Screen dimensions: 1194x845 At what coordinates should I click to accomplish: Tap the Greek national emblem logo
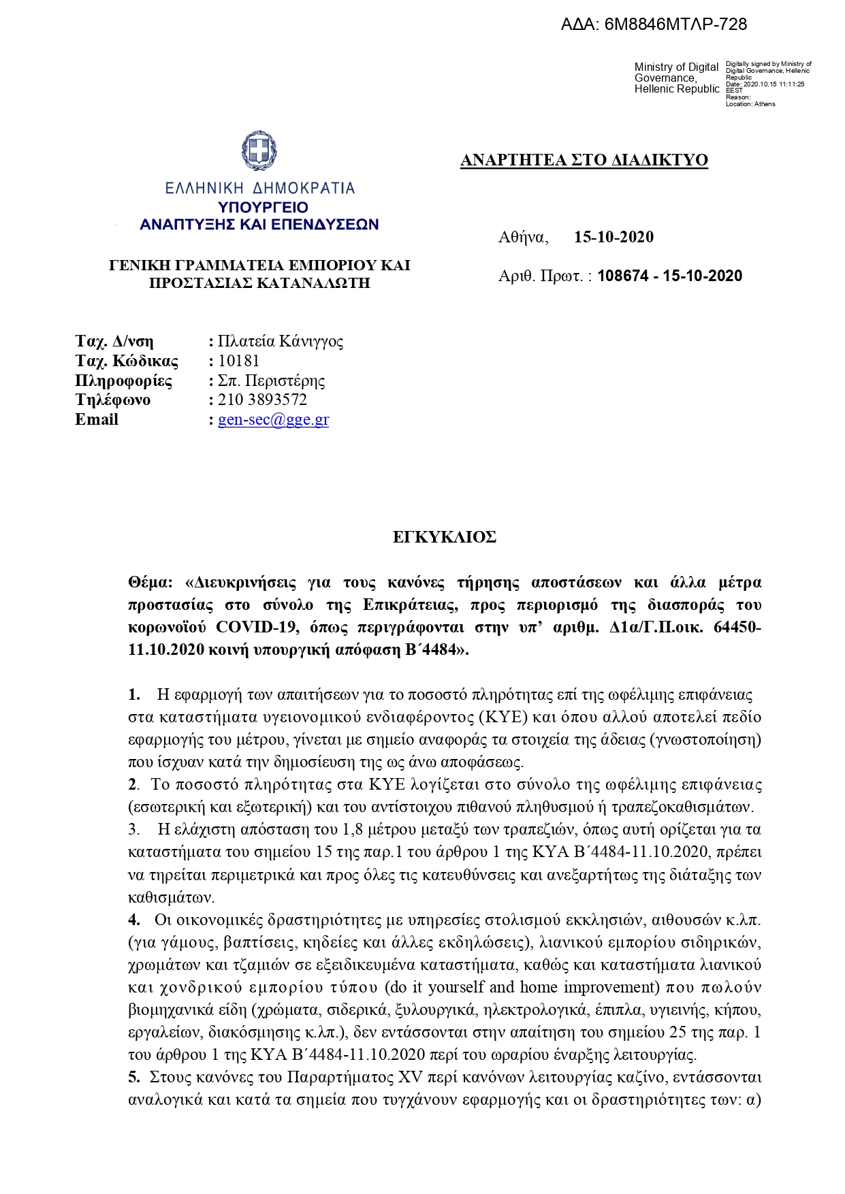pyautogui.click(x=259, y=151)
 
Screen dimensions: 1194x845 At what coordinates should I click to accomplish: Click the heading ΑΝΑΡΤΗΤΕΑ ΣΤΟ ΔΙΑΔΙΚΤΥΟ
pyautogui.click(x=584, y=161)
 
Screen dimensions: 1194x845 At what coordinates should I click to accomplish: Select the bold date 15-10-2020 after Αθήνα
pyautogui.click(x=613, y=237)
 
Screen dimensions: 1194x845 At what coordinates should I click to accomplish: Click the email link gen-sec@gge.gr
pyautogui.click(x=273, y=419)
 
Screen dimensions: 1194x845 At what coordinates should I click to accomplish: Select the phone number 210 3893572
pyautogui.click(x=262, y=400)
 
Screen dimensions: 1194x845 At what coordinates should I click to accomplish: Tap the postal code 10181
pyautogui.click(x=238, y=361)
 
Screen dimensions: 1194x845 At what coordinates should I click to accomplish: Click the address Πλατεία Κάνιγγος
pyautogui.click(x=280, y=341)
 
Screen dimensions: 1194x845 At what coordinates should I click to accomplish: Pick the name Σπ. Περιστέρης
pyautogui.click(x=271, y=381)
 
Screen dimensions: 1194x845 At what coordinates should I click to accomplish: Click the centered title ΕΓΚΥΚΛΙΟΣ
pyautogui.click(x=444, y=538)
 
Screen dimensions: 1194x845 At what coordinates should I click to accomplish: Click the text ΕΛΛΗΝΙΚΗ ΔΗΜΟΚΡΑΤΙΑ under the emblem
pyautogui.click(x=259, y=189)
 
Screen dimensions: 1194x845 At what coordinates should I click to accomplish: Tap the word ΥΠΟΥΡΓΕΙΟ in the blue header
pyautogui.click(x=263, y=207)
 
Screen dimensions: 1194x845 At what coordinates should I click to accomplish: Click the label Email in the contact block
pyautogui.click(x=97, y=419)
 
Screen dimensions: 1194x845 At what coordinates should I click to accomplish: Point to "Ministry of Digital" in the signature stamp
pyautogui.click(x=676, y=67)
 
